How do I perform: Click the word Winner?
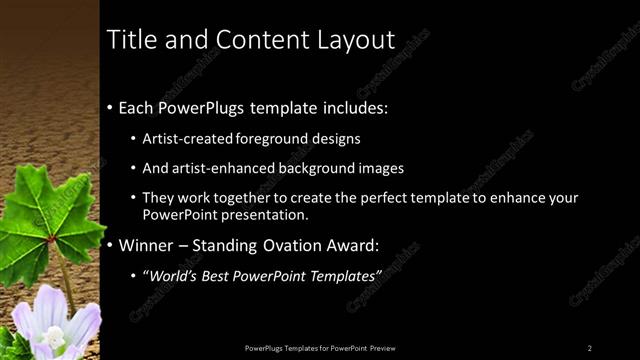coord(146,244)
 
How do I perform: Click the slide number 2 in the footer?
coord(590,347)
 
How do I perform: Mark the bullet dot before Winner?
coord(111,245)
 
